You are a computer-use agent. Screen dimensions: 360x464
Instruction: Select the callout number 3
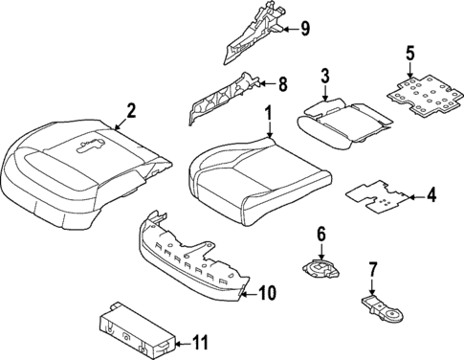coord(325,77)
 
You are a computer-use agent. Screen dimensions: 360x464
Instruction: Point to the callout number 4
coord(431,197)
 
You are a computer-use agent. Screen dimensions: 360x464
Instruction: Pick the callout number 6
coord(320,233)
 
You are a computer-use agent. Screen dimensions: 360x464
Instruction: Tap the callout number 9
coord(304,29)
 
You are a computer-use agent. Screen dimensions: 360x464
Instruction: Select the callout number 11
coord(199,343)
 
